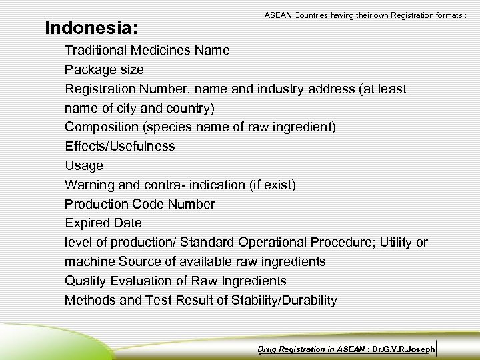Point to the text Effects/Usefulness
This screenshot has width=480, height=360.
click(120, 146)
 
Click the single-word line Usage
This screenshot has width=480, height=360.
click(84, 165)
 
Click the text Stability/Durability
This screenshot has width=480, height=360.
click(284, 300)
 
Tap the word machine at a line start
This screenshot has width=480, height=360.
click(90, 261)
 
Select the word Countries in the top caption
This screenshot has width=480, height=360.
click(307, 14)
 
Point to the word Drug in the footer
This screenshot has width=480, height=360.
click(267, 349)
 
